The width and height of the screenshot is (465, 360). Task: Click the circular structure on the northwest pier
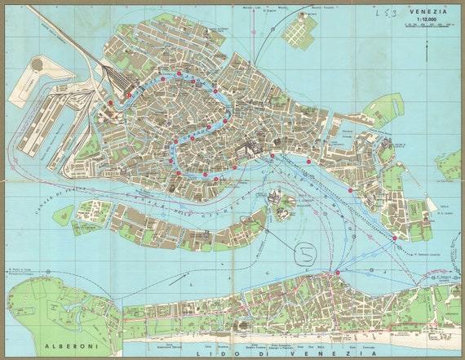pos(37,64)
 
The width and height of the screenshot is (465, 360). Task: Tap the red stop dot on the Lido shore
pos(337,272)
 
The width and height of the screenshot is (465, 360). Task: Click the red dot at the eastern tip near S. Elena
pos(395,238)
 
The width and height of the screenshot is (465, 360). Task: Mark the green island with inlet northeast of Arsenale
pos(383,109)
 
